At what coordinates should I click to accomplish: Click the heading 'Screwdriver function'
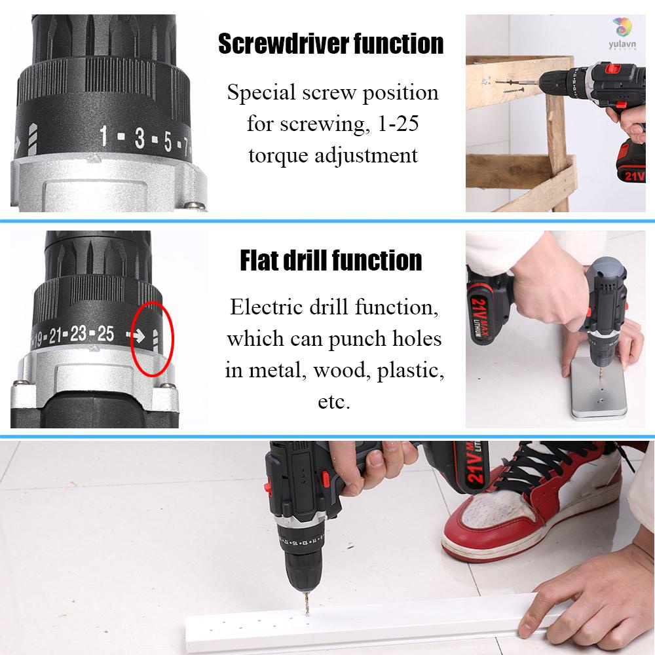(331, 45)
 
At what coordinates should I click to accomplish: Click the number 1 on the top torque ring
(103, 136)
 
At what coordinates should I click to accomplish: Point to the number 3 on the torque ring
(139, 140)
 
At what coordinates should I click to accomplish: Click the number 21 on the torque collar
(55, 337)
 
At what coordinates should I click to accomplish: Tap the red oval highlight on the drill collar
(153, 339)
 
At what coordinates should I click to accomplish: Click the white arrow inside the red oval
(138, 335)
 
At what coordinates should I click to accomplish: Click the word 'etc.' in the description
(334, 402)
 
